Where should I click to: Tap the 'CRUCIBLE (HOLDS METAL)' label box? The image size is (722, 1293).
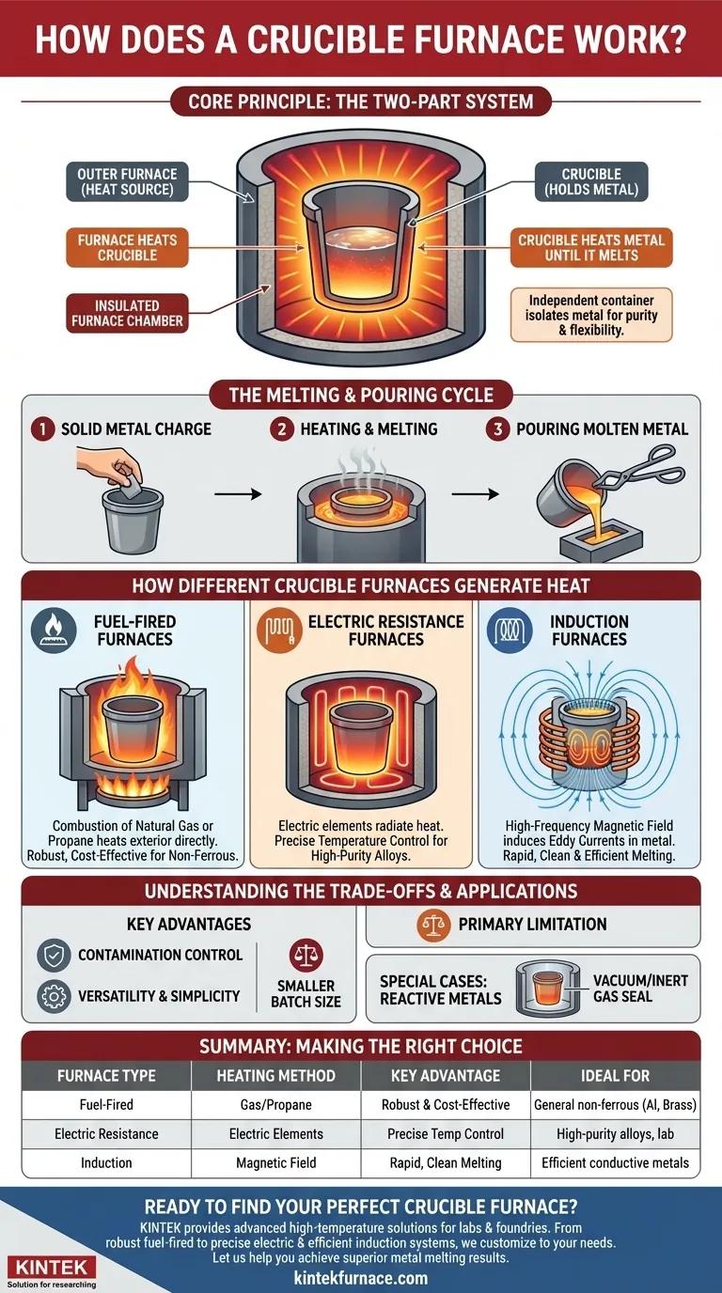tap(591, 181)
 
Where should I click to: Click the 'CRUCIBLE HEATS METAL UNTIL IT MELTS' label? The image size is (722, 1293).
tap(591, 248)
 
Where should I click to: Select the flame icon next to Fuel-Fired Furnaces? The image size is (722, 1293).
tap(53, 631)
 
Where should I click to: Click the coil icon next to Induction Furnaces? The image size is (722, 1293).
tap(509, 631)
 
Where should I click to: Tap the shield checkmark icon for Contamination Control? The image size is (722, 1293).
tap(53, 955)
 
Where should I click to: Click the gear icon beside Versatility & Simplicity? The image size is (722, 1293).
tap(53, 996)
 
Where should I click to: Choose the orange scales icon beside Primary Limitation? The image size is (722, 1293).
tap(431, 925)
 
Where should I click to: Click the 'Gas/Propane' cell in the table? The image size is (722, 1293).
tap(275, 1105)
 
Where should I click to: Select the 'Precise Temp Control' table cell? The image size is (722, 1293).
tap(446, 1134)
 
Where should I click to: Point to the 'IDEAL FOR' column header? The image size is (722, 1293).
tap(616, 1076)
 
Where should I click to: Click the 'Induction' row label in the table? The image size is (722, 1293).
tap(106, 1163)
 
